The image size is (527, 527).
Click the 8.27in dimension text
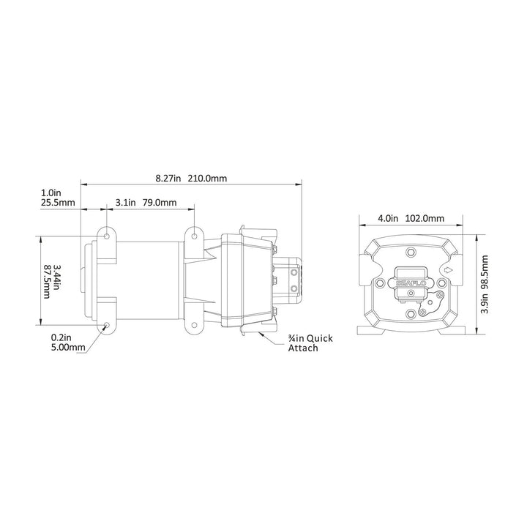(168, 178)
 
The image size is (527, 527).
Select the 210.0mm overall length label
(207, 178)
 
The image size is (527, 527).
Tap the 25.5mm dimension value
(58, 203)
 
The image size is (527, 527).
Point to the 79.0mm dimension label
(160, 203)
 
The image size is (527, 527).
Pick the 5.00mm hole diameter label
(68, 347)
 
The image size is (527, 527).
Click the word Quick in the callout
(319, 338)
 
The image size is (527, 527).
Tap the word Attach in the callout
(303, 348)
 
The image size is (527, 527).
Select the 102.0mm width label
(425, 218)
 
